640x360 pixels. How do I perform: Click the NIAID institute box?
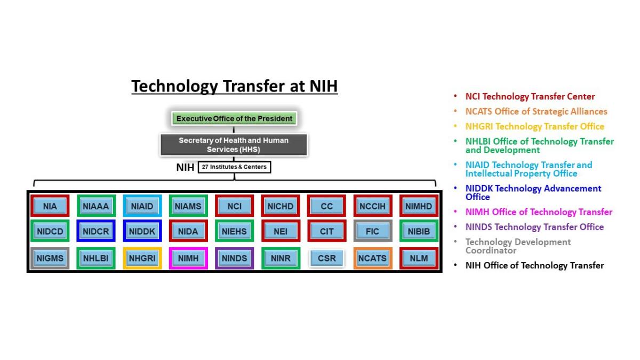click(142, 206)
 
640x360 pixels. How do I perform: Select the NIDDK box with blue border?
click(142, 232)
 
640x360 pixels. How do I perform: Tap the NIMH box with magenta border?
click(188, 258)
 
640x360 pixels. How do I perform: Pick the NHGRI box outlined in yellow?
click(142, 258)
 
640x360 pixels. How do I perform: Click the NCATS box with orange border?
click(372, 258)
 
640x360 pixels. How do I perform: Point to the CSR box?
click(326, 258)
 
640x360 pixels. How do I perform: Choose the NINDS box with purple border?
click(234, 258)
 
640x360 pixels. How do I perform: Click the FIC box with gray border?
click(372, 232)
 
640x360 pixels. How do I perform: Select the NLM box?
click(419, 258)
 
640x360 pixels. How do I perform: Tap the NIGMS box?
click(50, 258)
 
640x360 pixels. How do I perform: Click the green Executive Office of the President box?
click(234, 118)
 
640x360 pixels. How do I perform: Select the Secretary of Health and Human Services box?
click(234, 145)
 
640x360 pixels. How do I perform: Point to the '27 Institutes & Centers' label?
click(234, 167)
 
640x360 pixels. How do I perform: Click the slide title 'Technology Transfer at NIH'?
click(235, 86)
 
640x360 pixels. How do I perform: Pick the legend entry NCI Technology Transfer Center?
click(530, 97)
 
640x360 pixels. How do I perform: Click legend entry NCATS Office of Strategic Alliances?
click(536, 111)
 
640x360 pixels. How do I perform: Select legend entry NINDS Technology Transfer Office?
click(534, 227)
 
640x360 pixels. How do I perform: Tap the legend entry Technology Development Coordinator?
click(517, 246)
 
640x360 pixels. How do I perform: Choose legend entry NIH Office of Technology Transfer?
click(534, 265)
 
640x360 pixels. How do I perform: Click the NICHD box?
click(280, 206)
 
